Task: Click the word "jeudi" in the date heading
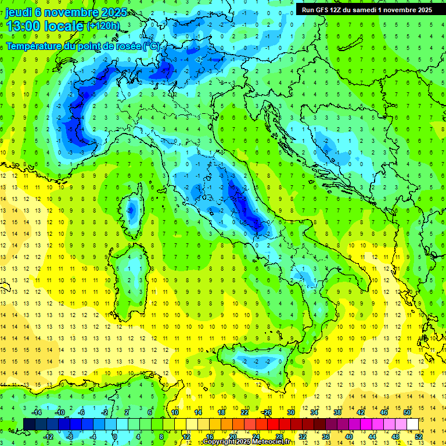19,12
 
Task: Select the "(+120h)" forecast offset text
103,26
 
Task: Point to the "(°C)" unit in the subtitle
150,46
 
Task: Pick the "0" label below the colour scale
115,437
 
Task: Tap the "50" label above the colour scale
407,412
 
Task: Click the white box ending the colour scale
412,424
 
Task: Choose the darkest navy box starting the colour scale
29,424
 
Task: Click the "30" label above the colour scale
290,412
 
